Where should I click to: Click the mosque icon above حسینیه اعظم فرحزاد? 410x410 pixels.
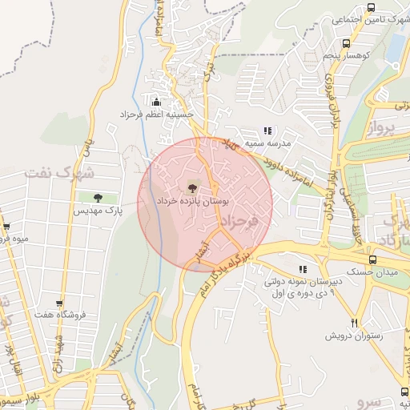pos(155,102)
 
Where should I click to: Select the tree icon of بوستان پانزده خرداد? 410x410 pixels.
pos(191,188)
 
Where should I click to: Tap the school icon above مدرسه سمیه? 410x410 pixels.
pos(268,130)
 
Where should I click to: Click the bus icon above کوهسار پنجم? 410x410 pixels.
pos(345,44)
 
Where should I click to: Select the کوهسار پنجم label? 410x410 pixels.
pos(344,57)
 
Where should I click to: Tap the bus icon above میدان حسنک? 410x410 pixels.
pos(372,259)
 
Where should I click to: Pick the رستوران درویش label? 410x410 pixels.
pos(353,336)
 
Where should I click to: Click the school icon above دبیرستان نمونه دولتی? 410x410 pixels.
pos(302,269)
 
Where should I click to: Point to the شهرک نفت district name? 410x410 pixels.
pos(59,172)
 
